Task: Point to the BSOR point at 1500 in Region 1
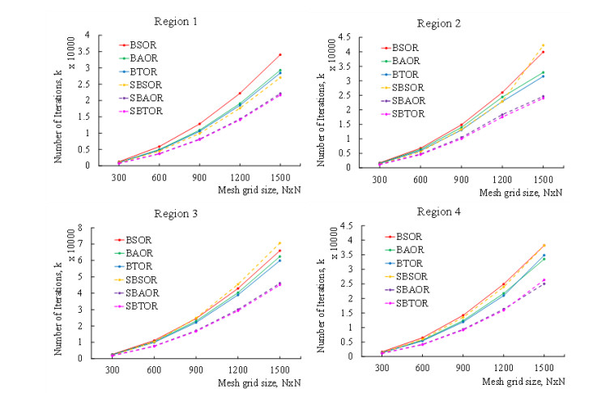pos(279,55)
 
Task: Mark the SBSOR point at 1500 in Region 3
pos(279,243)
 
